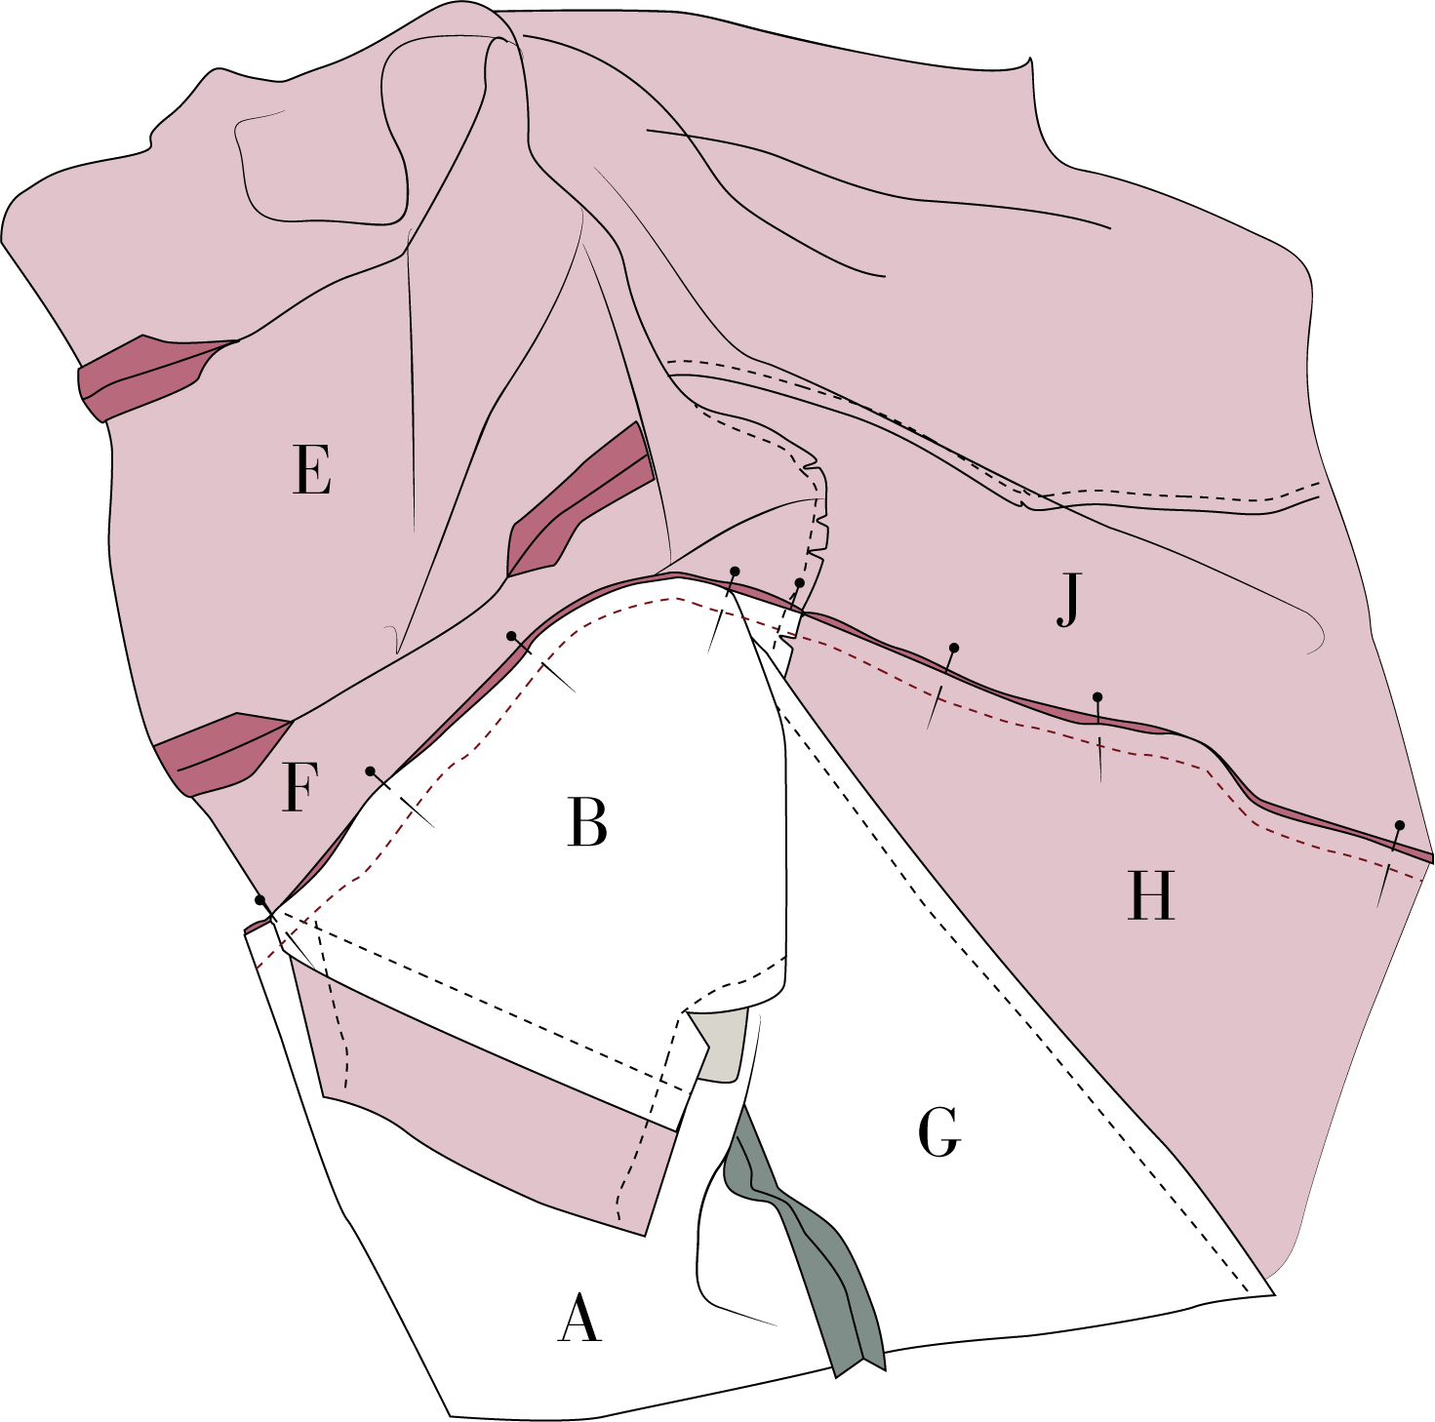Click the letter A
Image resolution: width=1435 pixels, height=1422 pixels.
coord(579,1319)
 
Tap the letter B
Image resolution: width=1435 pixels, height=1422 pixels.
coord(587,821)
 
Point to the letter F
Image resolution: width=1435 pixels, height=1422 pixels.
coord(299,787)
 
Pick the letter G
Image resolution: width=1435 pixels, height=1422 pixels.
coord(939,1132)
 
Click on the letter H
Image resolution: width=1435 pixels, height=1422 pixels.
coord(1150,895)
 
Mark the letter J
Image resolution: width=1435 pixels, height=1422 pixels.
coord(1069,601)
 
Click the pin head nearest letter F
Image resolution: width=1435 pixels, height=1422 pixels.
coord(370,771)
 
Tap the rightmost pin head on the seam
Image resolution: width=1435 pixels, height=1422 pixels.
coord(1399,825)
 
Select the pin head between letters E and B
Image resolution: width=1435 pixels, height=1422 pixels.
coord(511,636)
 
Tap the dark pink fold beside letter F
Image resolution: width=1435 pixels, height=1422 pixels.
coord(219,748)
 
